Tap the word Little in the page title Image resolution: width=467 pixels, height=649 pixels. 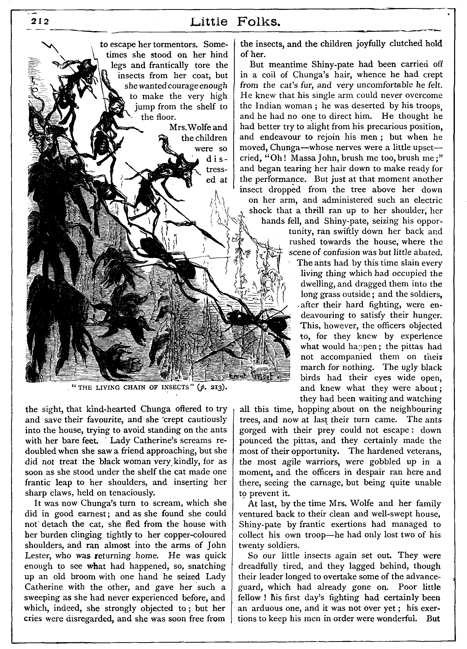click(x=209, y=22)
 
